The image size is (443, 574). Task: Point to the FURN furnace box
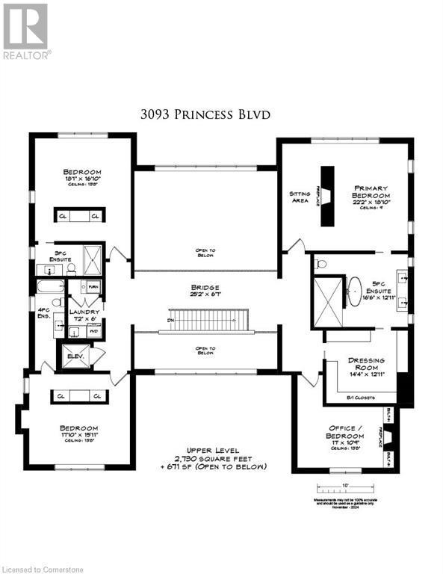pos(94,286)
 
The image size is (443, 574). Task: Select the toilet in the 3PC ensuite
pos(72,267)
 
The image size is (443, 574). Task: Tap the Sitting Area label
pos(300,196)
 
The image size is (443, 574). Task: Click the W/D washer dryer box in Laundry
pos(94,327)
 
